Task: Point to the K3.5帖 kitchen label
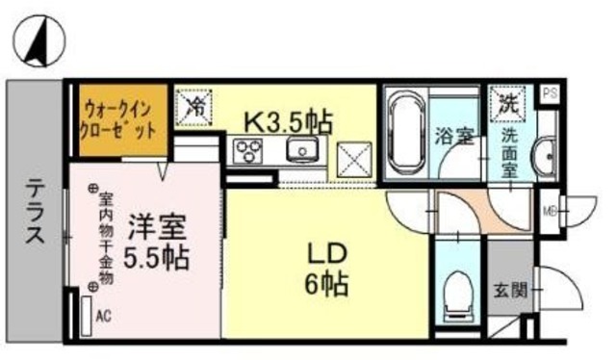point(288,121)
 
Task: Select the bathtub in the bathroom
point(407,132)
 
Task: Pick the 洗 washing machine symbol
point(507,103)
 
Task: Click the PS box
point(550,93)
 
